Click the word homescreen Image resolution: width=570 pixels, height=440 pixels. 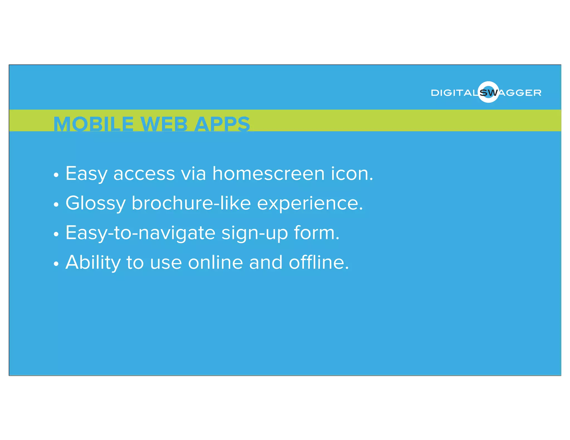click(x=269, y=174)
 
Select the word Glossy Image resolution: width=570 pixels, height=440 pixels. click(x=95, y=203)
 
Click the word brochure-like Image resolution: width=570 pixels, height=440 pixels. click(x=191, y=203)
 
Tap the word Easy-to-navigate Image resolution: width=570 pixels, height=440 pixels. click(x=140, y=233)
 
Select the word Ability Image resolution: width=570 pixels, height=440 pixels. click(x=93, y=263)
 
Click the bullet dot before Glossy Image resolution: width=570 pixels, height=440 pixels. click(x=56, y=205)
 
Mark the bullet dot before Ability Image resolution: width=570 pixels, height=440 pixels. click(x=56, y=264)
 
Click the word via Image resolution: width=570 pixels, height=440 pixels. click(x=193, y=174)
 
